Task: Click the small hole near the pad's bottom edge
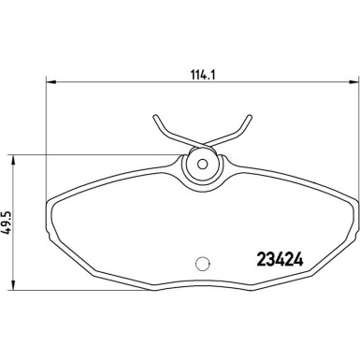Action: coord(199,264)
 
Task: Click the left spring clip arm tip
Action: coord(151,119)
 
